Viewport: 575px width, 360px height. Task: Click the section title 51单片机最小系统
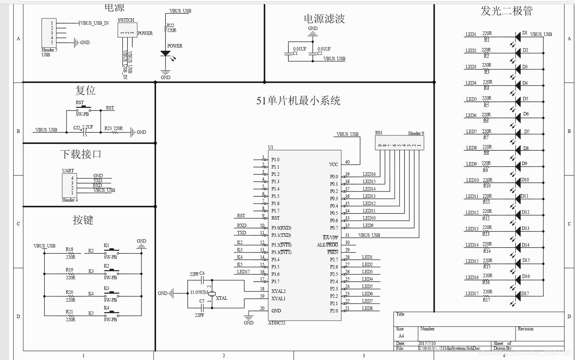point(298,101)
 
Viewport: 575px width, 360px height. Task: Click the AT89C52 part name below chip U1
point(276,323)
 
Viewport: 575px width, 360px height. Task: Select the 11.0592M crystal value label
point(199,292)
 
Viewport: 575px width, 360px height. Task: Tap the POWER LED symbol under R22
point(165,54)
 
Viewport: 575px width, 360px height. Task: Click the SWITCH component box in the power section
point(127,30)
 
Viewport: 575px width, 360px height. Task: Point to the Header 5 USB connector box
point(49,33)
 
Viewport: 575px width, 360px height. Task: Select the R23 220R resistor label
point(114,129)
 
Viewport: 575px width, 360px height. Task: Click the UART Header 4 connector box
point(69,185)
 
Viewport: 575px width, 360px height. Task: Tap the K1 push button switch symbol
point(111,251)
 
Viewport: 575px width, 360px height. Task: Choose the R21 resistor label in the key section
point(69,312)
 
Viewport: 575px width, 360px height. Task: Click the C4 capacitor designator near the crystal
point(202,273)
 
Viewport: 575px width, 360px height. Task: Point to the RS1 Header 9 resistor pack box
point(399,143)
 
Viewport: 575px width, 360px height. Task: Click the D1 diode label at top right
point(525,33)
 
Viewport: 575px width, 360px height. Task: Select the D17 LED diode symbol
point(518,295)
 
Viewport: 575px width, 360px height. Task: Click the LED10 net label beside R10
point(472,180)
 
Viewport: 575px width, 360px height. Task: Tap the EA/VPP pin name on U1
point(330,238)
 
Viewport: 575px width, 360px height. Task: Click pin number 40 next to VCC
point(347,162)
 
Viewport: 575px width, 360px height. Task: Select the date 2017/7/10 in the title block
point(427,343)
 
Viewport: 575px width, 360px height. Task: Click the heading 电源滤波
point(324,18)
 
